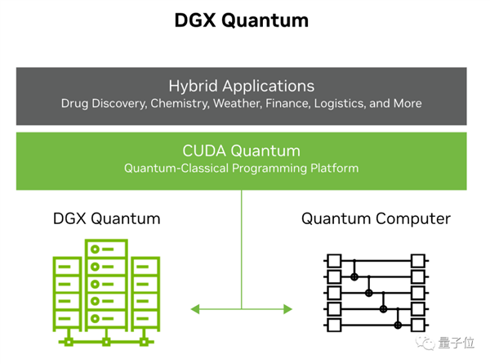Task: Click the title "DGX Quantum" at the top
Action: (x=242, y=20)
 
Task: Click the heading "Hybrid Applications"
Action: (x=241, y=86)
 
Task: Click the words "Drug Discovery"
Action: (x=104, y=104)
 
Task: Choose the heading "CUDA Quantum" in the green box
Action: (x=241, y=151)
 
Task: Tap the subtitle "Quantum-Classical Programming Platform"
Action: (x=241, y=169)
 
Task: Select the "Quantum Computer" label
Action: (x=376, y=218)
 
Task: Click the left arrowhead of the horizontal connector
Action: (x=195, y=309)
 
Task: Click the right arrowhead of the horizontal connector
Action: (x=287, y=309)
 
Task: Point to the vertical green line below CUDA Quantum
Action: (x=241, y=245)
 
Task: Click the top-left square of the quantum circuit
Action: (x=333, y=262)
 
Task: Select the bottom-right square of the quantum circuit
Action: (x=418, y=326)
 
